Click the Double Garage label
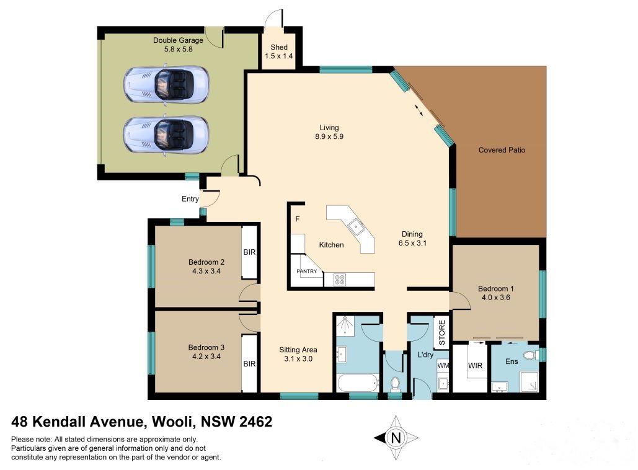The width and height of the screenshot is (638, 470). (178, 45)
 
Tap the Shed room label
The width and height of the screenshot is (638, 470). (279, 51)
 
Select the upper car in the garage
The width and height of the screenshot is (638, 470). (166, 84)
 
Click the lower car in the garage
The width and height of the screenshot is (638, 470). (166, 135)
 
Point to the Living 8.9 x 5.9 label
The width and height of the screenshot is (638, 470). (329, 132)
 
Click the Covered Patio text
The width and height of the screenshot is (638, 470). (502, 150)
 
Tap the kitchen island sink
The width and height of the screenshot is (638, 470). (356, 226)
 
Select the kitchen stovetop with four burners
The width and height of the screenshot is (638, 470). (340, 279)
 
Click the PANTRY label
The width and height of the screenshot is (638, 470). (306, 271)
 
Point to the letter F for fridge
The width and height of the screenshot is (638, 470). (298, 219)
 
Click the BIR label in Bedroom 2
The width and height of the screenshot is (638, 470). (249, 252)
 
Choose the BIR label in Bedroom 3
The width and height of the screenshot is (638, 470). (249, 364)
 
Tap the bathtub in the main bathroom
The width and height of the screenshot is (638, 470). (358, 383)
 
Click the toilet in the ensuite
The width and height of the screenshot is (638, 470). (529, 356)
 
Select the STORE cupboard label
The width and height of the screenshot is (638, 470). (442, 332)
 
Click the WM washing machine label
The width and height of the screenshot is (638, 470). (443, 365)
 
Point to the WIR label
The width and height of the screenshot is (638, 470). (475, 365)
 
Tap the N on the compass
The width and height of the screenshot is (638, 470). (396, 438)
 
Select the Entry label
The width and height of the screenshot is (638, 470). (190, 199)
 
